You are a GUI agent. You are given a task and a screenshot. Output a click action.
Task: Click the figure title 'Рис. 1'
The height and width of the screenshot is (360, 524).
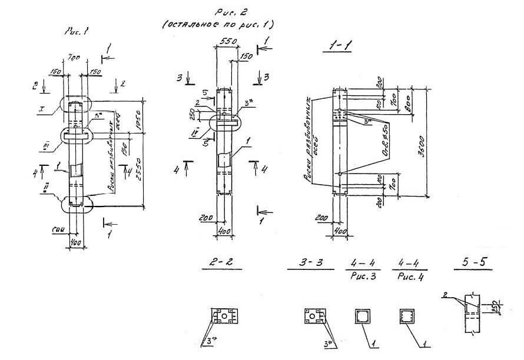pyautogui.click(x=77, y=34)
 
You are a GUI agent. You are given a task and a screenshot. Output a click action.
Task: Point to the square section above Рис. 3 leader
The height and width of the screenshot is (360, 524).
pyautogui.click(x=363, y=316)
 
